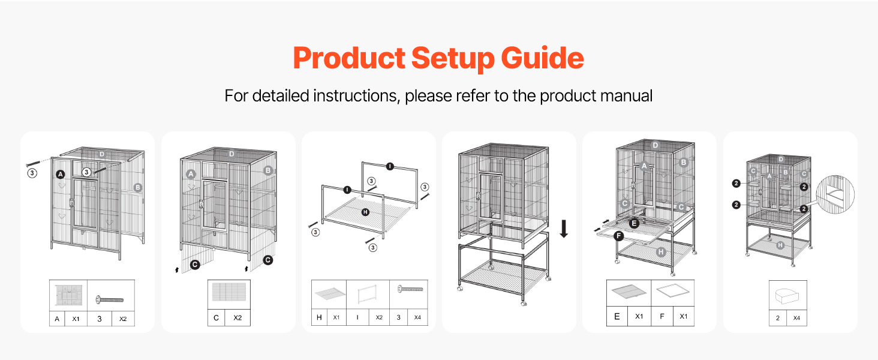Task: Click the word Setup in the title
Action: (x=452, y=58)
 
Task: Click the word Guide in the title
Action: (x=543, y=58)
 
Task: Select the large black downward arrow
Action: (x=564, y=229)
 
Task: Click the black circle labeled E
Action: (x=634, y=224)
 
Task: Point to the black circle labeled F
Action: (x=618, y=236)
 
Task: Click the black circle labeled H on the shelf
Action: (x=365, y=212)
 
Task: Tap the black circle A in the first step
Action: (x=61, y=174)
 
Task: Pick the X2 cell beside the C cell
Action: (x=237, y=317)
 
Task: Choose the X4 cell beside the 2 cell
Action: (x=796, y=318)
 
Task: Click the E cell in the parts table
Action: (x=617, y=316)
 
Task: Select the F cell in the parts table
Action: (x=662, y=316)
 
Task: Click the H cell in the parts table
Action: (x=319, y=317)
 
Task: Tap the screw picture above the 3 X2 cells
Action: (x=110, y=300)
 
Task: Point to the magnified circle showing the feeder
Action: (x=835, y=195)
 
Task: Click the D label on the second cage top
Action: (x=231, y=154)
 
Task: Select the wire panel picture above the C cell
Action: (x=229, y=292)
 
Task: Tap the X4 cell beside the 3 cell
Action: (x=417, y=317)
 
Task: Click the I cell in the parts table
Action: (x=357, y=317)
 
